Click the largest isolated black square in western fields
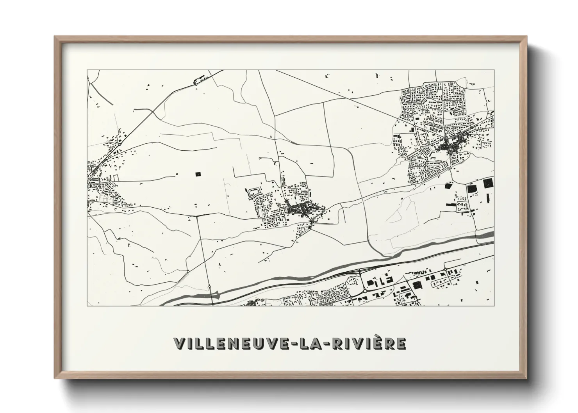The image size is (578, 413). point(198,174)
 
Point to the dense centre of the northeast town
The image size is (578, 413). point(447,146)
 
